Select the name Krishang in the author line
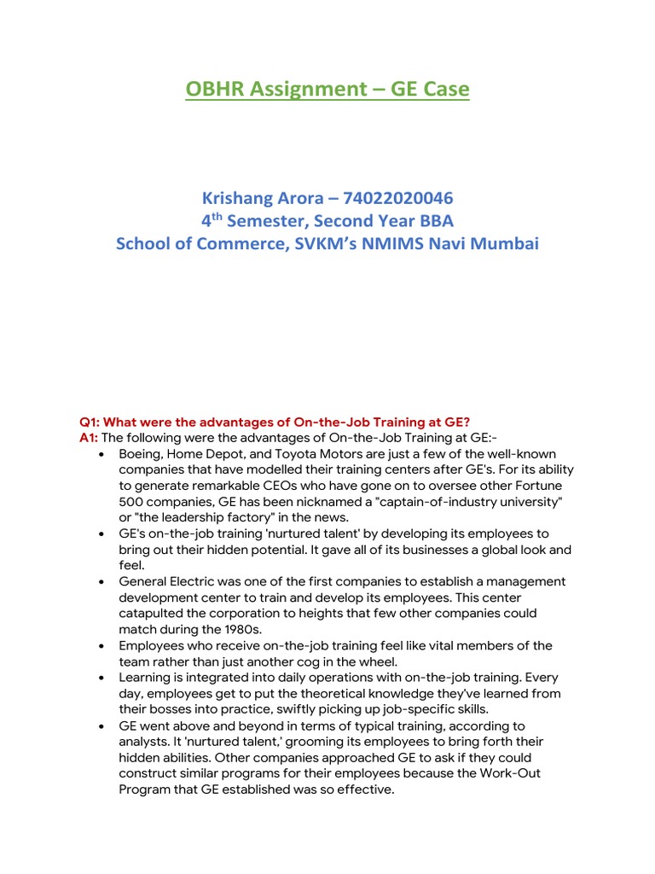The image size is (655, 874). click(238, 198)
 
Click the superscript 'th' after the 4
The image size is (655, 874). click(216, 217)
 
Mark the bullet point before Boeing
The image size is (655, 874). click(102, 453)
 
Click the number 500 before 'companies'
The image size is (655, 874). click(132, 501)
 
